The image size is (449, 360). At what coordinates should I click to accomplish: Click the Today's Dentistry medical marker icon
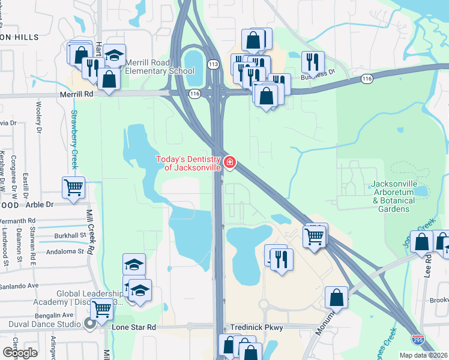[229, 163]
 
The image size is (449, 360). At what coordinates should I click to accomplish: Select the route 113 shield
[212, 64]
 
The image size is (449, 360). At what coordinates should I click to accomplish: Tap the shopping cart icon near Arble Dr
[73, 187]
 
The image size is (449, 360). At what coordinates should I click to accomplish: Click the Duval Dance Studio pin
[91, 325]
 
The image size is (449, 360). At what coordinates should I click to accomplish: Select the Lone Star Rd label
[134, 328]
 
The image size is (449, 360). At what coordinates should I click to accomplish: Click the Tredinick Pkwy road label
[256, 328]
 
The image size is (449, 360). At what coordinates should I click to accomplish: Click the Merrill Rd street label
[77, 94]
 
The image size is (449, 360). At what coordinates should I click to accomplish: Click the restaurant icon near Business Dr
[312, 61]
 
